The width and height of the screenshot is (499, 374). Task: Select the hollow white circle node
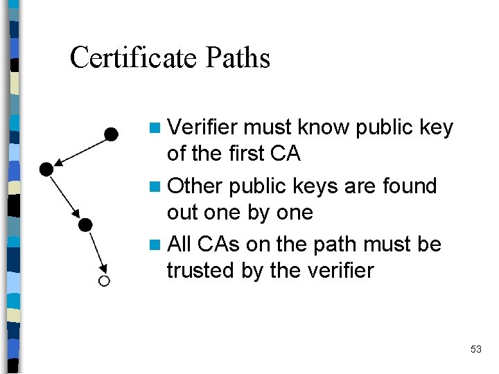[x=104, y=280]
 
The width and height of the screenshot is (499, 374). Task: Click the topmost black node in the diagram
[x=110, y=134]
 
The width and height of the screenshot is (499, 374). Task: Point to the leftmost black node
[x=46, y=168]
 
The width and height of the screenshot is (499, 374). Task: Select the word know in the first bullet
[x=323, y=127]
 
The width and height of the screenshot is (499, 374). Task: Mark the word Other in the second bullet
[x=195, y=186]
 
